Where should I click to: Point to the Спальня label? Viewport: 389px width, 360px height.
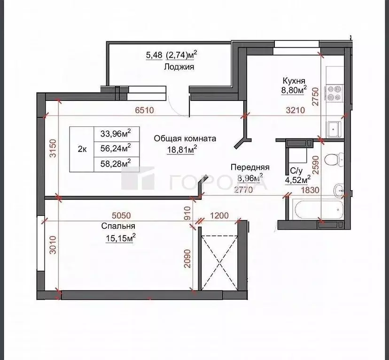coord(115,226)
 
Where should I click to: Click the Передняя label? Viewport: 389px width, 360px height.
coord(249,167)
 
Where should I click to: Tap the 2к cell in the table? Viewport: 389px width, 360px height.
coord(82,149)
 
